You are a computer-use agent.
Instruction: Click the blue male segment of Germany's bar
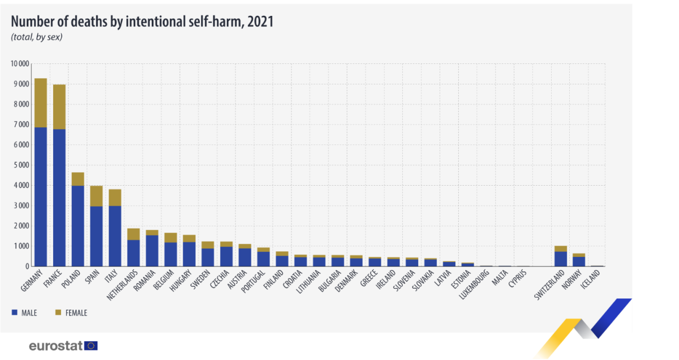point(41,197)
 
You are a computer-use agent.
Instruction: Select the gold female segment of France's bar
point(59,107)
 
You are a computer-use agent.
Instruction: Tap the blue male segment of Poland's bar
point(78,226)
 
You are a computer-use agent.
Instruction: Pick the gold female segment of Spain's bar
point(96,196)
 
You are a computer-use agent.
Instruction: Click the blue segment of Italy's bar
point(115,236)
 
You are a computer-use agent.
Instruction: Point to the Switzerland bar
point(561,256)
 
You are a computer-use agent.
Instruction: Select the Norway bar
point(579,260)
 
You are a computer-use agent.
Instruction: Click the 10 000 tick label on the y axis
point(20,64)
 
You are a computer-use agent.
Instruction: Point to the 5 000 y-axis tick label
point(22,165)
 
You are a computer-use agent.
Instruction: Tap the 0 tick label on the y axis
point(27,266)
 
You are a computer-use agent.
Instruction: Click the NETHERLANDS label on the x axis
point(122,285)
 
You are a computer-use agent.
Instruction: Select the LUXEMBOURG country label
point(474,285)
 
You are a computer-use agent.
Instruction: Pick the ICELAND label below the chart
point(591,279)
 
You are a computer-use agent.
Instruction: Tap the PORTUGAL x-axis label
point(253,281)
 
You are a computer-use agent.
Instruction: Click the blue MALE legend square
point(15,312)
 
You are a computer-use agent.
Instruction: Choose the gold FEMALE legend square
point(58,312)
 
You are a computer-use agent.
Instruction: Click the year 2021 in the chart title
point(260,22)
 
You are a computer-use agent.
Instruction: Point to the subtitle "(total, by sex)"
point(37,37)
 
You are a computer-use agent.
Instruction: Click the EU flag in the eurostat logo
point(91,346)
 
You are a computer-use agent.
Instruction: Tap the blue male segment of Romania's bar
point(152,251)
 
